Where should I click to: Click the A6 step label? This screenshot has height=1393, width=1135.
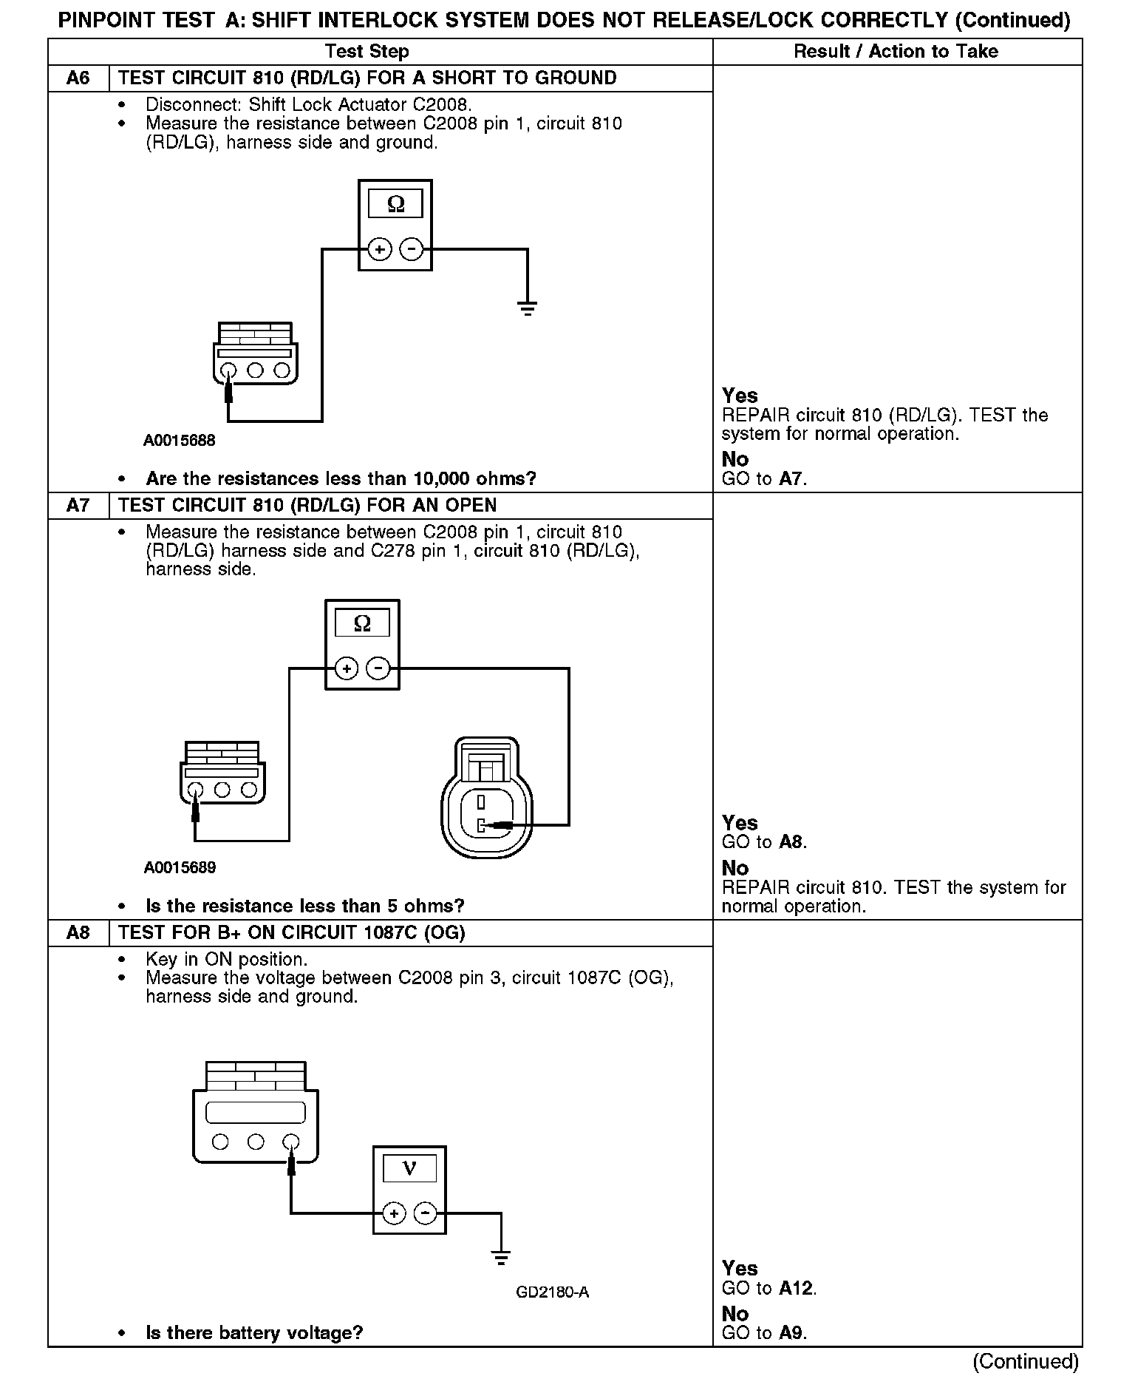[78, 78]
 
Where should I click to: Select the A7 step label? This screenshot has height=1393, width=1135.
[78, 506]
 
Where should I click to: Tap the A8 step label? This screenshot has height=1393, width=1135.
[78, 932]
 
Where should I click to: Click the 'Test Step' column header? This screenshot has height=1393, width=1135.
[367, 52]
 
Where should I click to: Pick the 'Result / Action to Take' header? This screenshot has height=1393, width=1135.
[896, 52]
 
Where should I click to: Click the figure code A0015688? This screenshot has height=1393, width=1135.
[180, 441]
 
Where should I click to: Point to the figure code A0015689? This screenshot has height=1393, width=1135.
[180, 867]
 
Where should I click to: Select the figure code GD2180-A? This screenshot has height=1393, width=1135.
[552, 1292]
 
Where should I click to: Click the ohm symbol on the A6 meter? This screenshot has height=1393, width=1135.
[395, 205]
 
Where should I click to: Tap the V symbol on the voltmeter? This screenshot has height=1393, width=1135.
[409, 1168]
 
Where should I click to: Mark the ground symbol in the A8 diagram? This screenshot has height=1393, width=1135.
[501, 1257]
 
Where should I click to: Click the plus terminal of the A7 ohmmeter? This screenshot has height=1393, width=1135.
[346, 669]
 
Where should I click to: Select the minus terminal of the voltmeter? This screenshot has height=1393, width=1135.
[425, 1213]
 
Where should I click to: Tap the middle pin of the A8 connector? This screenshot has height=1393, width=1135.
[256, 1142]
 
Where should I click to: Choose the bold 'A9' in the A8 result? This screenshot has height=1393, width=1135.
[791, 1333]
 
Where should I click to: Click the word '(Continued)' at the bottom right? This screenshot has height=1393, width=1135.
[1026, 1361]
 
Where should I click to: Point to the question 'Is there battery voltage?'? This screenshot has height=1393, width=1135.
[254, 1333]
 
